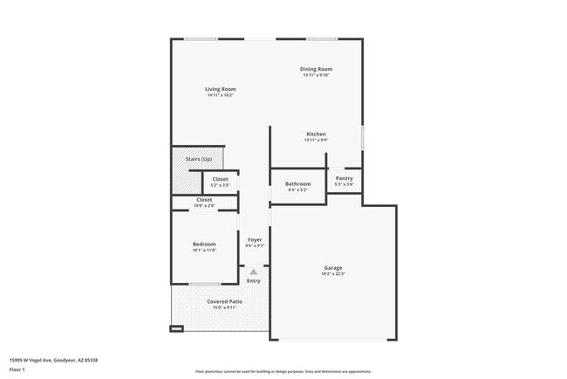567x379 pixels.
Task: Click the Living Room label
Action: [x=221, y=89]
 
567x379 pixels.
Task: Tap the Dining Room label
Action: [x=317, y=69]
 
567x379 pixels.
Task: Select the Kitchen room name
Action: [x=316, y=134]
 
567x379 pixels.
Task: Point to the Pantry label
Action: [x=345, y=178]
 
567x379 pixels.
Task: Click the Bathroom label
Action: [x=298, y=183]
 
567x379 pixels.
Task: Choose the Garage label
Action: [x=333, y=268]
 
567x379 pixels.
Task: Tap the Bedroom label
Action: [x=204, y=244]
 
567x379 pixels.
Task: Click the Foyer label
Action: [x=255, y=239]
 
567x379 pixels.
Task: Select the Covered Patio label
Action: [x=224, y=301]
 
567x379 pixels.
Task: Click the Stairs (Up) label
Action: [x=199, y=159]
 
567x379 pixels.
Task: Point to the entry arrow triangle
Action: [x=254, y=272]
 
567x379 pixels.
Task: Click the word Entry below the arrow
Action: [x=254, y=281]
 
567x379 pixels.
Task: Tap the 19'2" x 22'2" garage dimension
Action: [x=333, y=274]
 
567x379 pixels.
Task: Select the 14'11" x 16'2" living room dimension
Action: [x=221, y=95]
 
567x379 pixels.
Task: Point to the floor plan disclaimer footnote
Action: [x=283, y=372]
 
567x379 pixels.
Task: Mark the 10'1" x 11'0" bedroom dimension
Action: [x=204, y=250]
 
